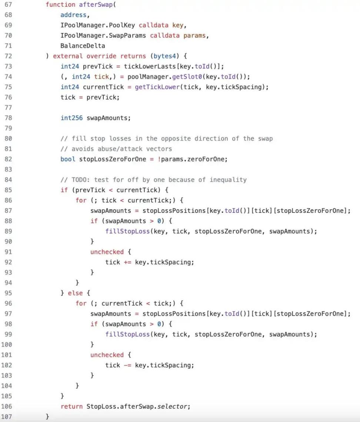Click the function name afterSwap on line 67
(96, 4)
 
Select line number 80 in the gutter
(9, 138)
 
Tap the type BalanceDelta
(83, 46)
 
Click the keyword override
(101, 56)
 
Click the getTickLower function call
(157, 87)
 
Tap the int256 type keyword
(71, 118)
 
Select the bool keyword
(68, 159)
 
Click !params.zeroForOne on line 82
(193, 159)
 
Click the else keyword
(75, 293)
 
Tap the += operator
(127, 262)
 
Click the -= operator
(127, 365)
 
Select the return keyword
(71, 406)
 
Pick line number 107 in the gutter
(6, 417)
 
